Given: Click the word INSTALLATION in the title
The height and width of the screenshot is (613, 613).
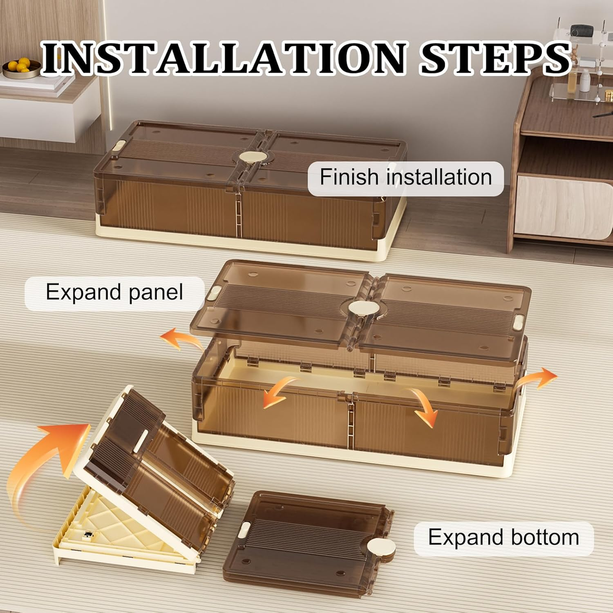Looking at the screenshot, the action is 223,58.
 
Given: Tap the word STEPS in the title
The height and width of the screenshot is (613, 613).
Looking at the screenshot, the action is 495,58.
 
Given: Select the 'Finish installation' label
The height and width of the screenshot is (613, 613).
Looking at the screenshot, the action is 405,177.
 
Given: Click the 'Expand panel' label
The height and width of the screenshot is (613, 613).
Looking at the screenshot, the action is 114,292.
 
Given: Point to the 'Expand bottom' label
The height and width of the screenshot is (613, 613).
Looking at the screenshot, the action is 503,537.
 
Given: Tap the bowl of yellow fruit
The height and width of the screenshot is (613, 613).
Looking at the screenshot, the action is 21,69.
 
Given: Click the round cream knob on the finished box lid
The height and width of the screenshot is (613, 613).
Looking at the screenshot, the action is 253,157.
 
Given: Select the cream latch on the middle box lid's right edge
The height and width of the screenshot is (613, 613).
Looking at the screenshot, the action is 518,322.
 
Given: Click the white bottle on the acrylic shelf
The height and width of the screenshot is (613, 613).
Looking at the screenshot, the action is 584,80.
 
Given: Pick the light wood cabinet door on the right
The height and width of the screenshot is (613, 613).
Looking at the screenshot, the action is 563,207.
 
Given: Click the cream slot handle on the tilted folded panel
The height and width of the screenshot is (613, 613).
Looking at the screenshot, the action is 140,441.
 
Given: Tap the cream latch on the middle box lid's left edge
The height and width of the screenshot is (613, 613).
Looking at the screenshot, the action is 213,293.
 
